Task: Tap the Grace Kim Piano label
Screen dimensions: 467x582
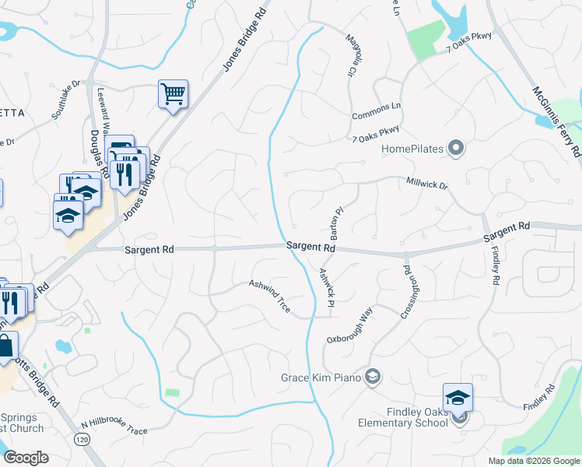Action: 322,378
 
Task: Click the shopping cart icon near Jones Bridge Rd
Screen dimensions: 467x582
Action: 173,94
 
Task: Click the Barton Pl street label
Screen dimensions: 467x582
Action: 336,223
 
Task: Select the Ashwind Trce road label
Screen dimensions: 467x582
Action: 269,297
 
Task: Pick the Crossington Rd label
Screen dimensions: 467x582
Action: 406,293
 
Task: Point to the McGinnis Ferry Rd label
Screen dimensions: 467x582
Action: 556,120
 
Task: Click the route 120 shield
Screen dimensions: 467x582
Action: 81,440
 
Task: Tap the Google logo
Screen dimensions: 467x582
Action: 26,458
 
